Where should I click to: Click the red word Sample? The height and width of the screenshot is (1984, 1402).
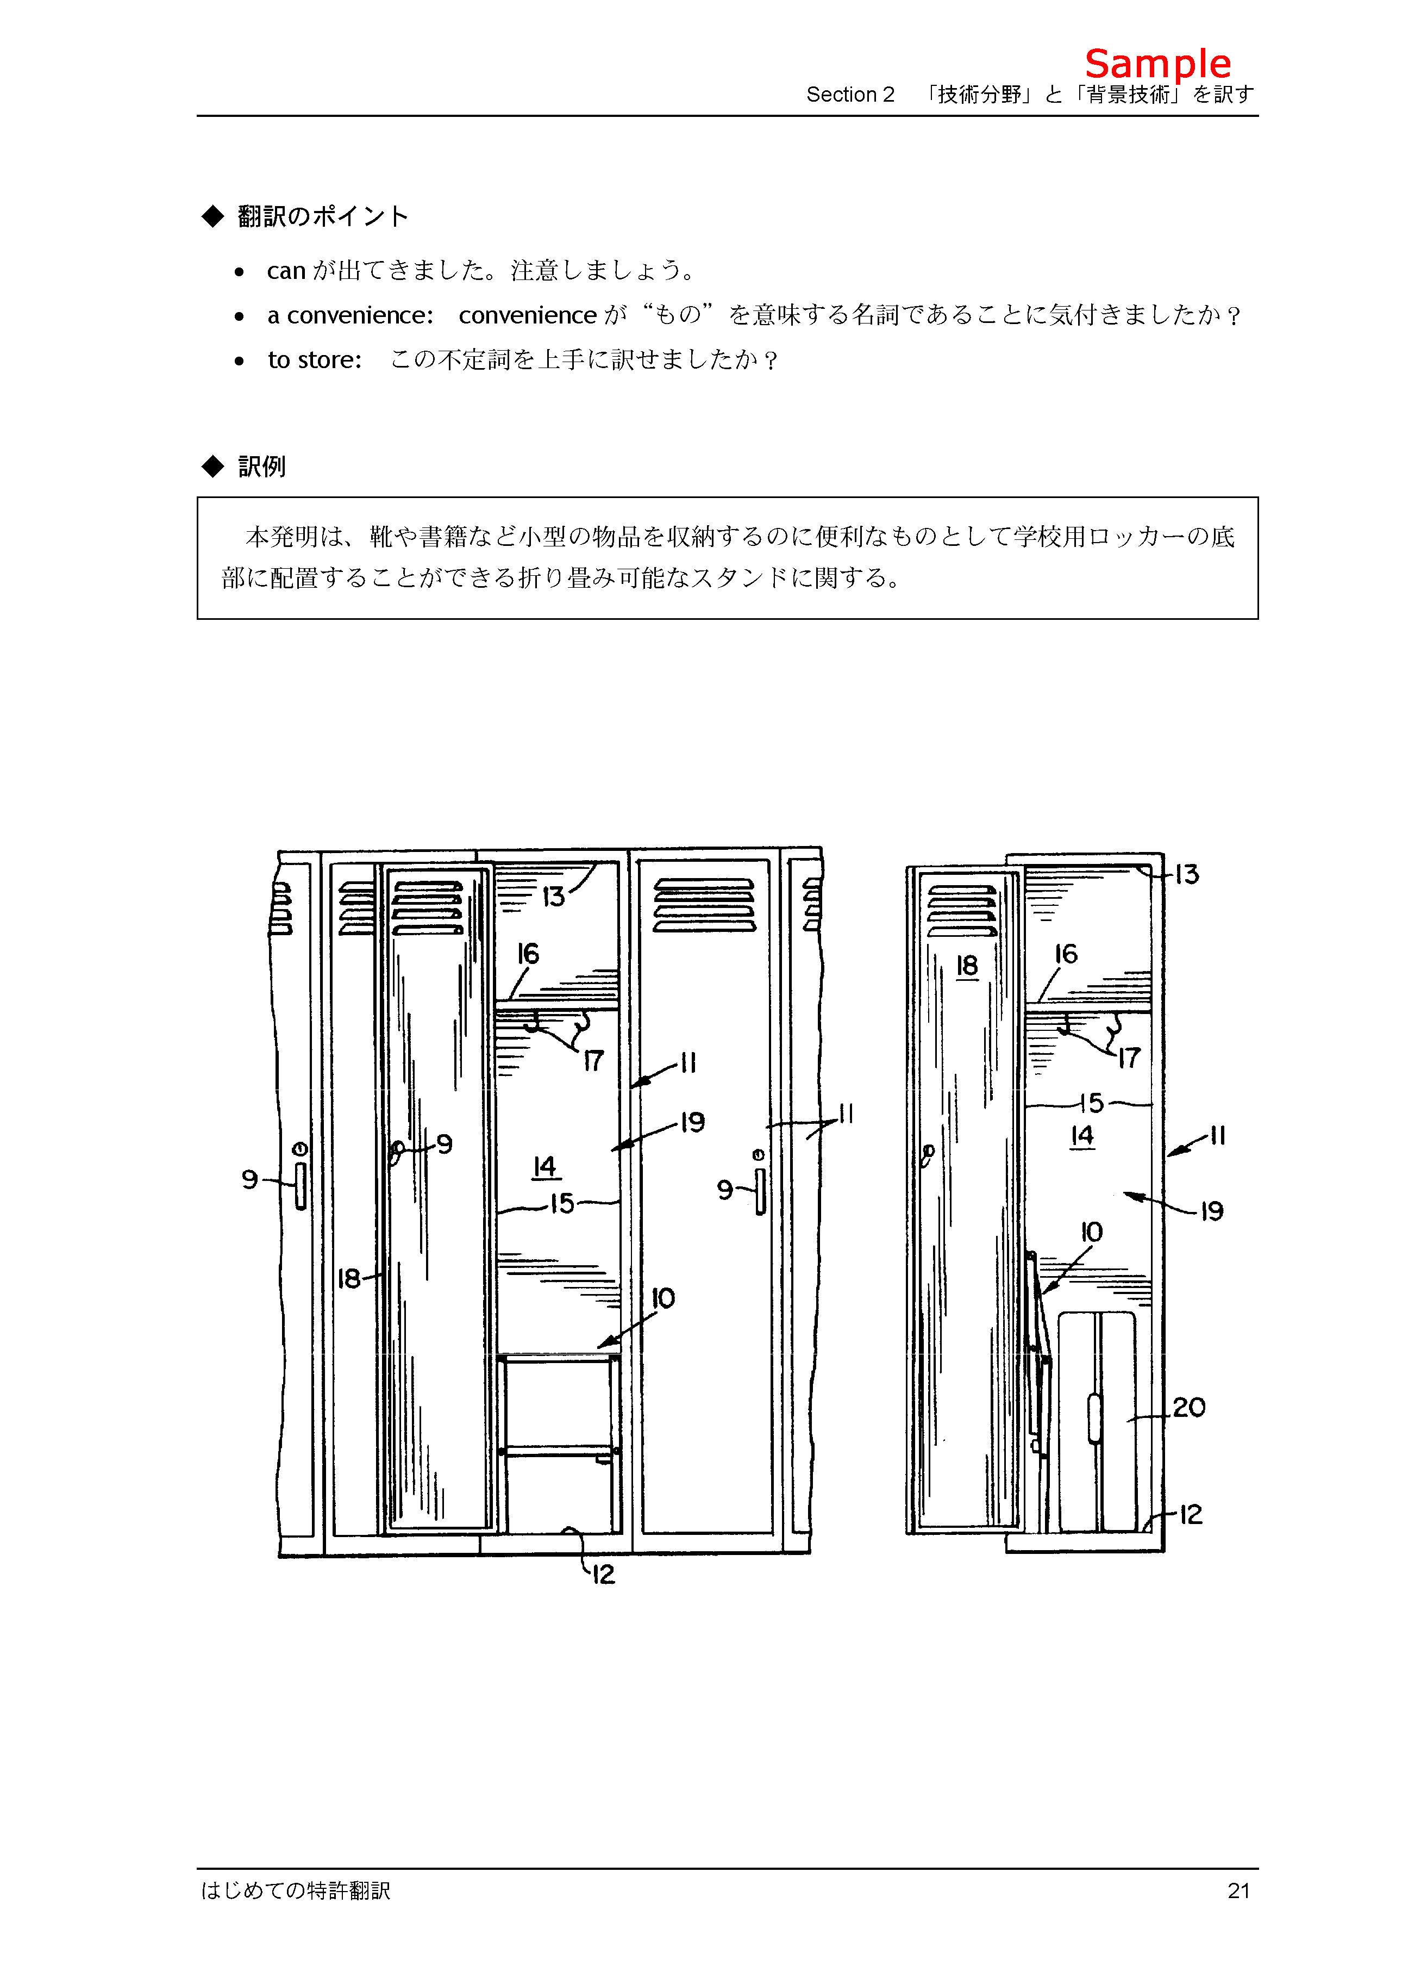(1157, 64)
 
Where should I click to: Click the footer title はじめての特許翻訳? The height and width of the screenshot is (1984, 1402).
(296, 1890)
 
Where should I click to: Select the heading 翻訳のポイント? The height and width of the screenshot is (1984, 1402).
(322, 216)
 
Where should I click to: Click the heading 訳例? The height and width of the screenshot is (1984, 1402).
(262, 467)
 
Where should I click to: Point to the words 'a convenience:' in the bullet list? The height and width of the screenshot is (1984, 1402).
(350, 315)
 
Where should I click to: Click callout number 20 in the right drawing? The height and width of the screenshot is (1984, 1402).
(1188, 1408)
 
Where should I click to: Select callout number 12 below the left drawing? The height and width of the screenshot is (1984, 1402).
(603, 1575)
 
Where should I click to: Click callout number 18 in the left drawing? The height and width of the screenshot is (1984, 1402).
(349, 1278)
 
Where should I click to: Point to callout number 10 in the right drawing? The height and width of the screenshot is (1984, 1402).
(1092, 1232)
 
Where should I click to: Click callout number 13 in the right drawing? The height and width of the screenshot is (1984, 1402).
(1187, 874)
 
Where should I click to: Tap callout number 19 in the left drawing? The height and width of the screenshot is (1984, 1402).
(692, 1122)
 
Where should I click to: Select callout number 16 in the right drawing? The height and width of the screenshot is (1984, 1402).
(1066, 954)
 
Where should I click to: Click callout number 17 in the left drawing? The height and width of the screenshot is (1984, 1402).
(593, 1061)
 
